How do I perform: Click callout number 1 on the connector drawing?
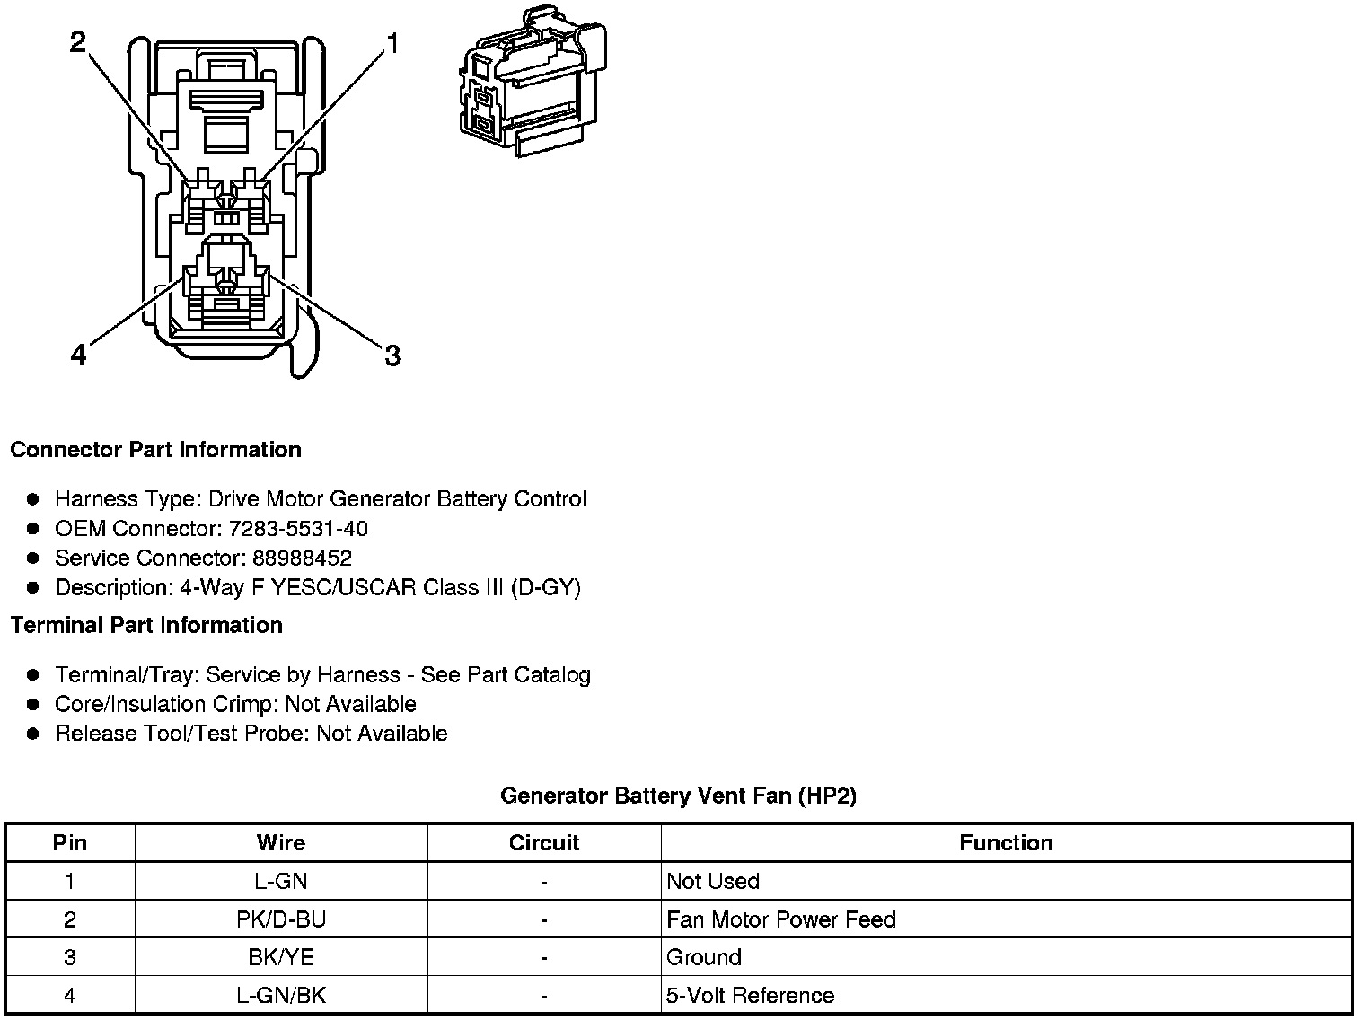tap(392, 42)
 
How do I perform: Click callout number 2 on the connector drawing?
tap(79, 42)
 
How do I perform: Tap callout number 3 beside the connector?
tap(392, 356)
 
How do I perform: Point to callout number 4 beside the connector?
tap(79, 356)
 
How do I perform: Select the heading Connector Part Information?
tap(155, 450)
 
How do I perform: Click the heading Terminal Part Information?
tap(146, 625)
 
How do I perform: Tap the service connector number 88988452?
tap(302, 558)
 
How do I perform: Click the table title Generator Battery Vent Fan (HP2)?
tap(678, 796)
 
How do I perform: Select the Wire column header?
tap(281, 843)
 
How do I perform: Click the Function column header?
tap(1006, 843)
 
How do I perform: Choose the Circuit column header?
tap(544, 843)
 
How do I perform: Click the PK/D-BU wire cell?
tap(281, 919)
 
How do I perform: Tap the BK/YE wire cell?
tap(281, 957)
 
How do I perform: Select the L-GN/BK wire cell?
tap(281, 996)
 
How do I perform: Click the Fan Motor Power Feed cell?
tap(781, 919)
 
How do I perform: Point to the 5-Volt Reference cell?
tap(750, 996)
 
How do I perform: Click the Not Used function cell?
tap(713, 881)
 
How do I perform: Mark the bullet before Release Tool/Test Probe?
tap(33, 734)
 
